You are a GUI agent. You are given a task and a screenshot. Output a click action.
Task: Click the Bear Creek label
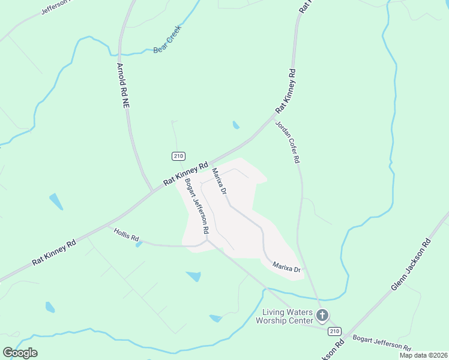click(x=167, y=39)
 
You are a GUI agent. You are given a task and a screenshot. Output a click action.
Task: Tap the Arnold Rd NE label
click(x=122, y=85)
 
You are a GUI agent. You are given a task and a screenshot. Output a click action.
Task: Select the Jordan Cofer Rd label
click(x=287, y=142)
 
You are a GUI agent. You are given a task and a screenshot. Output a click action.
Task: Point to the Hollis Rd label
click(x=126, y=237)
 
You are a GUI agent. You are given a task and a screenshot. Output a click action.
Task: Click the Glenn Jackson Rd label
click(x=411, y=265)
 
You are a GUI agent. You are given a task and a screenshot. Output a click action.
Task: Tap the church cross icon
click(x=322, y=316)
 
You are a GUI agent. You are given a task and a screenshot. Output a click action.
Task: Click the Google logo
click(x=20, y=352)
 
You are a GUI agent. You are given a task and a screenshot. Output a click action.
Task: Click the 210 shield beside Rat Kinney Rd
click(x=178, y=156)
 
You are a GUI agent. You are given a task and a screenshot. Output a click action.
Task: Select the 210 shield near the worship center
click(x=334, y=331)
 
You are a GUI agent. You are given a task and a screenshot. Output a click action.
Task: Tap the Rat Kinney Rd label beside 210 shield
click(x=186, y=173)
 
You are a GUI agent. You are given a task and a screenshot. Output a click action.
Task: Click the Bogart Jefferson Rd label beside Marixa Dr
click(x=197, y=206)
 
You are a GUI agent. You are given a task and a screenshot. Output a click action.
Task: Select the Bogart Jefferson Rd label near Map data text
click(x=382, y=343)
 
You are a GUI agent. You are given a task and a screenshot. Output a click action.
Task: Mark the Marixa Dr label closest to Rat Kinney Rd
click(x=218, y=181)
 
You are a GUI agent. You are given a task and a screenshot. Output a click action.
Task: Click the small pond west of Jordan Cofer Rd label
click(x=236, y=125)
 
